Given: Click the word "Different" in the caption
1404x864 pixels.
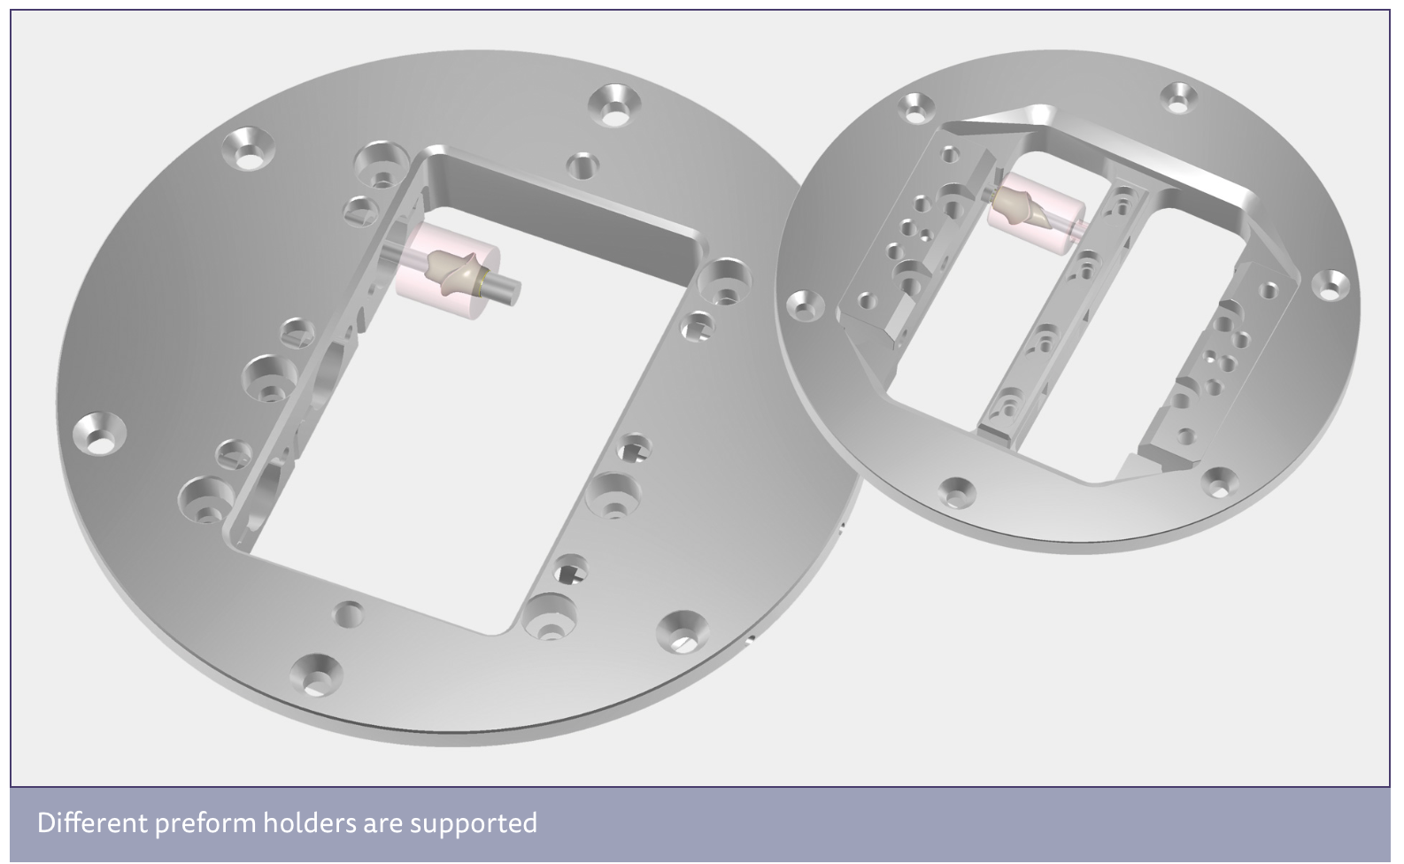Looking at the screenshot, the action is click(92, 822).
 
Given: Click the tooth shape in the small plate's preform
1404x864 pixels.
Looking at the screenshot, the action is click(1021, 207).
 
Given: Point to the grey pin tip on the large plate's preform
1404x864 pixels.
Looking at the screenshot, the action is click(511, 291).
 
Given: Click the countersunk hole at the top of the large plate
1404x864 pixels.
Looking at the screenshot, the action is click(614, 104).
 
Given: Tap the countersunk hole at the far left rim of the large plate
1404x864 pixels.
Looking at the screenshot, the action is click(99, 434).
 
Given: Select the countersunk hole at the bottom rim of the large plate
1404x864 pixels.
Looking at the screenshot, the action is click(317, 675).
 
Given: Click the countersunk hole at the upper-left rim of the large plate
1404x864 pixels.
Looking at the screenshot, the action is click(248, 148).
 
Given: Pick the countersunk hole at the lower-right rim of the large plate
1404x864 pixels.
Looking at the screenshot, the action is click(683, 632).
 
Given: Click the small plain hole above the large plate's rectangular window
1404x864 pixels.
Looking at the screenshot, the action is click(582, 166).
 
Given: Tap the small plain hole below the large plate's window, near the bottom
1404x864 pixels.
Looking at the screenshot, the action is click(349, 614).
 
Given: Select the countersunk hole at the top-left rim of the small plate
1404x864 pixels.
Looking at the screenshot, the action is click(916, 107).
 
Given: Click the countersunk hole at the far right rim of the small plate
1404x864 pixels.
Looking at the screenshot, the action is click(1331, 285).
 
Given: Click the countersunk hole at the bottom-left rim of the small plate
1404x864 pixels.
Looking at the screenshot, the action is click(957, 492).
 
